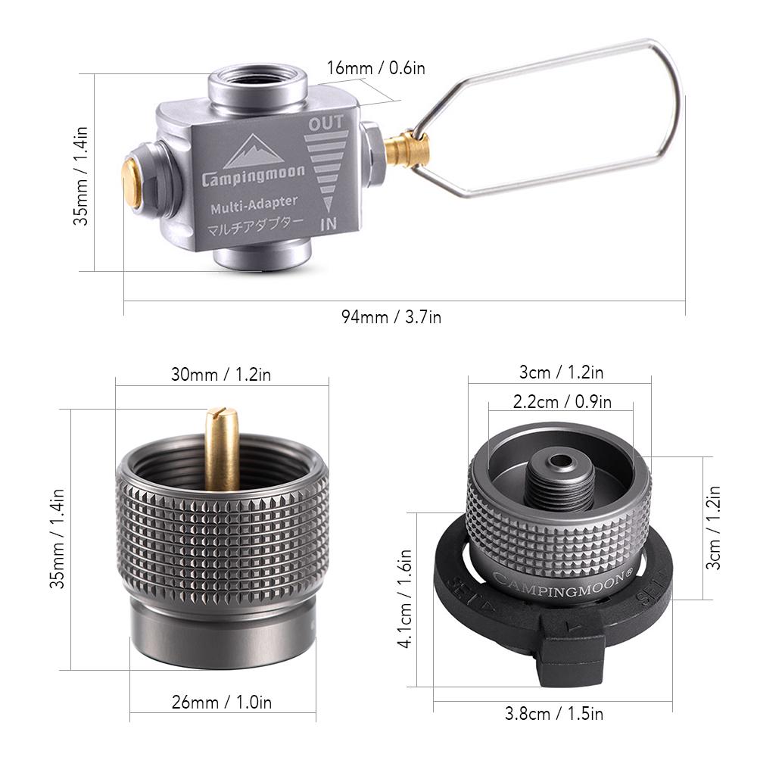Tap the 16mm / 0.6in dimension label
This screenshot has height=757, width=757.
coord(375,68)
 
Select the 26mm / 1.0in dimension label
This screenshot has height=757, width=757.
coord(222,702)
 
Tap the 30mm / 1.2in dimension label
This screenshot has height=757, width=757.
coord(222,373)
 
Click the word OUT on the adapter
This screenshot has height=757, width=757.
coord(326,123)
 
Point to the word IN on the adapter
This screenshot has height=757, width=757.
coord(328,224)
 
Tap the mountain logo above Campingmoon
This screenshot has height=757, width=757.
coord(254,151)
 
